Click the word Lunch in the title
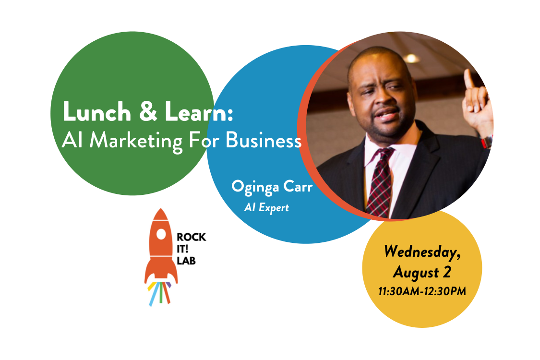(97, 111)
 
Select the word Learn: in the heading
(199, 111)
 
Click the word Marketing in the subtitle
(136, 141)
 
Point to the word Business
(264, 140)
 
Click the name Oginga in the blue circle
(255, 187)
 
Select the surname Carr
(298, 187)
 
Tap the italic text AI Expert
(266, 207)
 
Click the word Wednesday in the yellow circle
(422, 252)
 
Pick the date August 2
(422, 272)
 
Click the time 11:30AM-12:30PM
(422, 291)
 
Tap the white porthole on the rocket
(161, 234)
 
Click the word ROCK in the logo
(191, 237)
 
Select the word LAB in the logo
(186, 261)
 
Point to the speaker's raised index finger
(468, 79)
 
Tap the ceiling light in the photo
(411, 59)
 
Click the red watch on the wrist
(487, 142)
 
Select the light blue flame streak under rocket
(154, 295)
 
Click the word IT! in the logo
(182, 249)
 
